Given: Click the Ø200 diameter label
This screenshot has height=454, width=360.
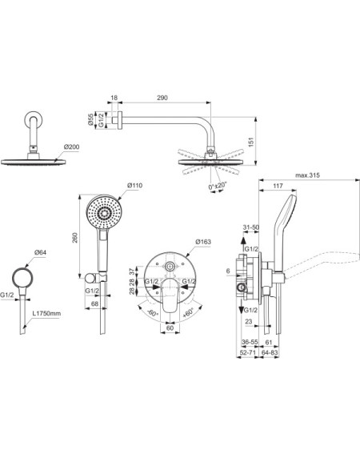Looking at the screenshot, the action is (x=71, y=147).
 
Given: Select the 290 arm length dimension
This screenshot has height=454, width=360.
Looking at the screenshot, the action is (x=162, y=98).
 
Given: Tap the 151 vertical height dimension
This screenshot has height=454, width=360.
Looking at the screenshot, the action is (x=251, y=142).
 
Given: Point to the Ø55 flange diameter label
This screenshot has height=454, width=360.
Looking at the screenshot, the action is (x=91, y=119).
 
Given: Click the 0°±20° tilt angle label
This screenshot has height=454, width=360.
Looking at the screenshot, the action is (x=218, y=186).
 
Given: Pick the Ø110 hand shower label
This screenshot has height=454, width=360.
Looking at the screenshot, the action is (x=135, y=185).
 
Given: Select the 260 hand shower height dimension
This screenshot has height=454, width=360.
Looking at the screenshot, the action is (x=75, y=238).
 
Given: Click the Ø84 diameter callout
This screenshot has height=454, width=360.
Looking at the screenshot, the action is (x=40, y=252).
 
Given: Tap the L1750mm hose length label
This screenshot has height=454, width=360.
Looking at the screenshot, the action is (x=46, y=313).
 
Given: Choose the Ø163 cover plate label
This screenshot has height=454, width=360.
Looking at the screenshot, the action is (x=203, y=242).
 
